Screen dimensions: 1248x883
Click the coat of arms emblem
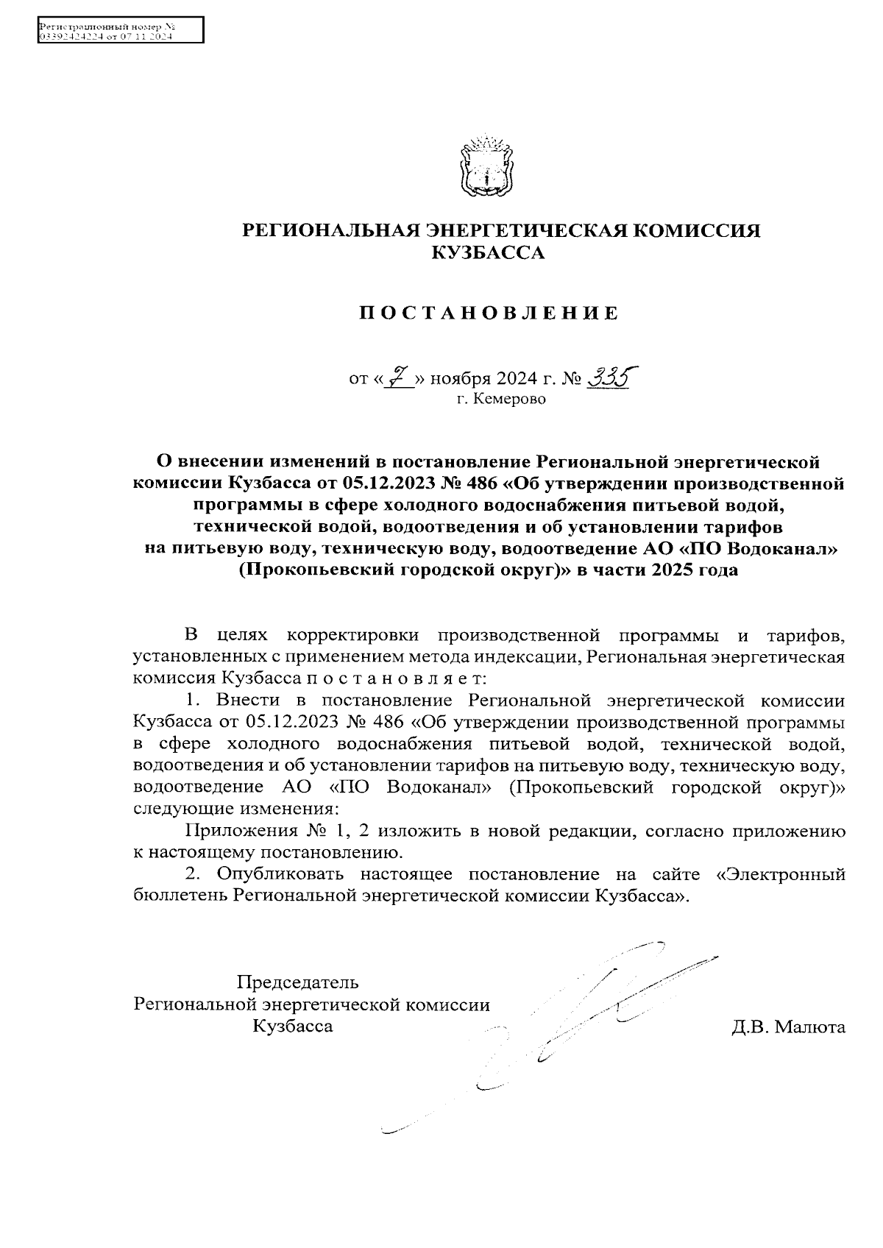486,166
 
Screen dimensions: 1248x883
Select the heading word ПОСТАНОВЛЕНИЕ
489,314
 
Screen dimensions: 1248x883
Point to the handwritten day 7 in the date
400,378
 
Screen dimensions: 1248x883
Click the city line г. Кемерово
501,400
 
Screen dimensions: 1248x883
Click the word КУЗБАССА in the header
488,254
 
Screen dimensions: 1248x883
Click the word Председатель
297,982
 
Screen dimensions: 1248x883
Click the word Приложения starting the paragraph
239,832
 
